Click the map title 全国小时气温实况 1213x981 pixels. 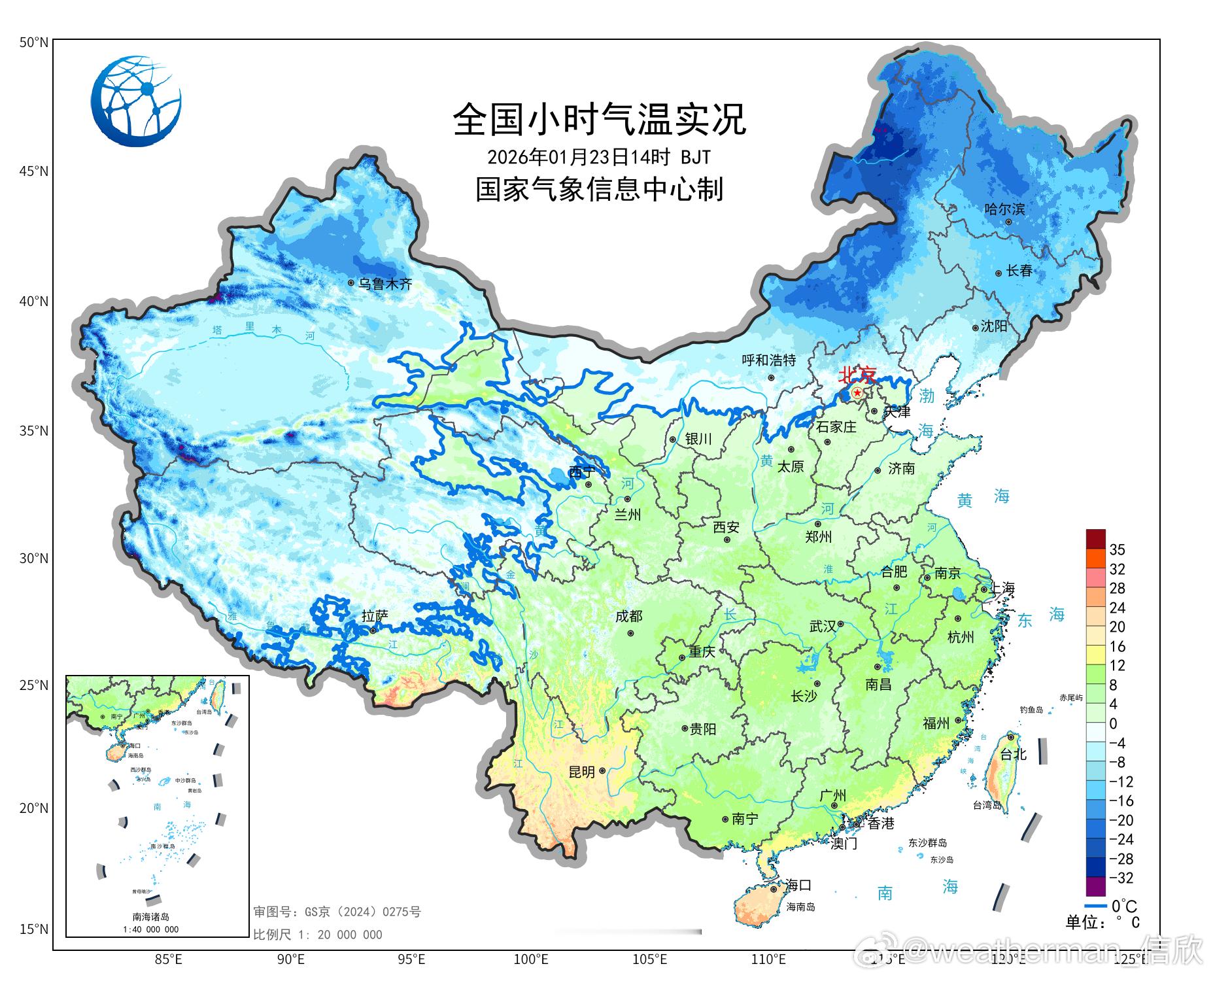pos(599,120)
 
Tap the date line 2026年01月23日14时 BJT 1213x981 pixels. pos(598,158)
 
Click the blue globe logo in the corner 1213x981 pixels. pos(136,101)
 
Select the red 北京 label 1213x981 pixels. pos(857,375)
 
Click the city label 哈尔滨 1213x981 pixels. pos(1004,209)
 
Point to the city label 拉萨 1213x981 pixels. pos(375,616)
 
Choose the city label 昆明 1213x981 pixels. pos(581,772)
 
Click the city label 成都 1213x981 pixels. pos(628,616)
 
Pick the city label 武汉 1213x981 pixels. pos(823,627)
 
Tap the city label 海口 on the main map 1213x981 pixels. pos(798,886)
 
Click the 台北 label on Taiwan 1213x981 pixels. pos(1013,754)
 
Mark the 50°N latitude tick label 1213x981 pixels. pos(34,43)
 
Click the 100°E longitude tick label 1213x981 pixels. pos(530,959)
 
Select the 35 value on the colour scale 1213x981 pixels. pos(1117,549)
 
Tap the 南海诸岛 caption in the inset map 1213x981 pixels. pos(150,917)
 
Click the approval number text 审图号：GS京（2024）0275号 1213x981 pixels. pos(337,912)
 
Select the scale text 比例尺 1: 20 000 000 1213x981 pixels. pos(318,935)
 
